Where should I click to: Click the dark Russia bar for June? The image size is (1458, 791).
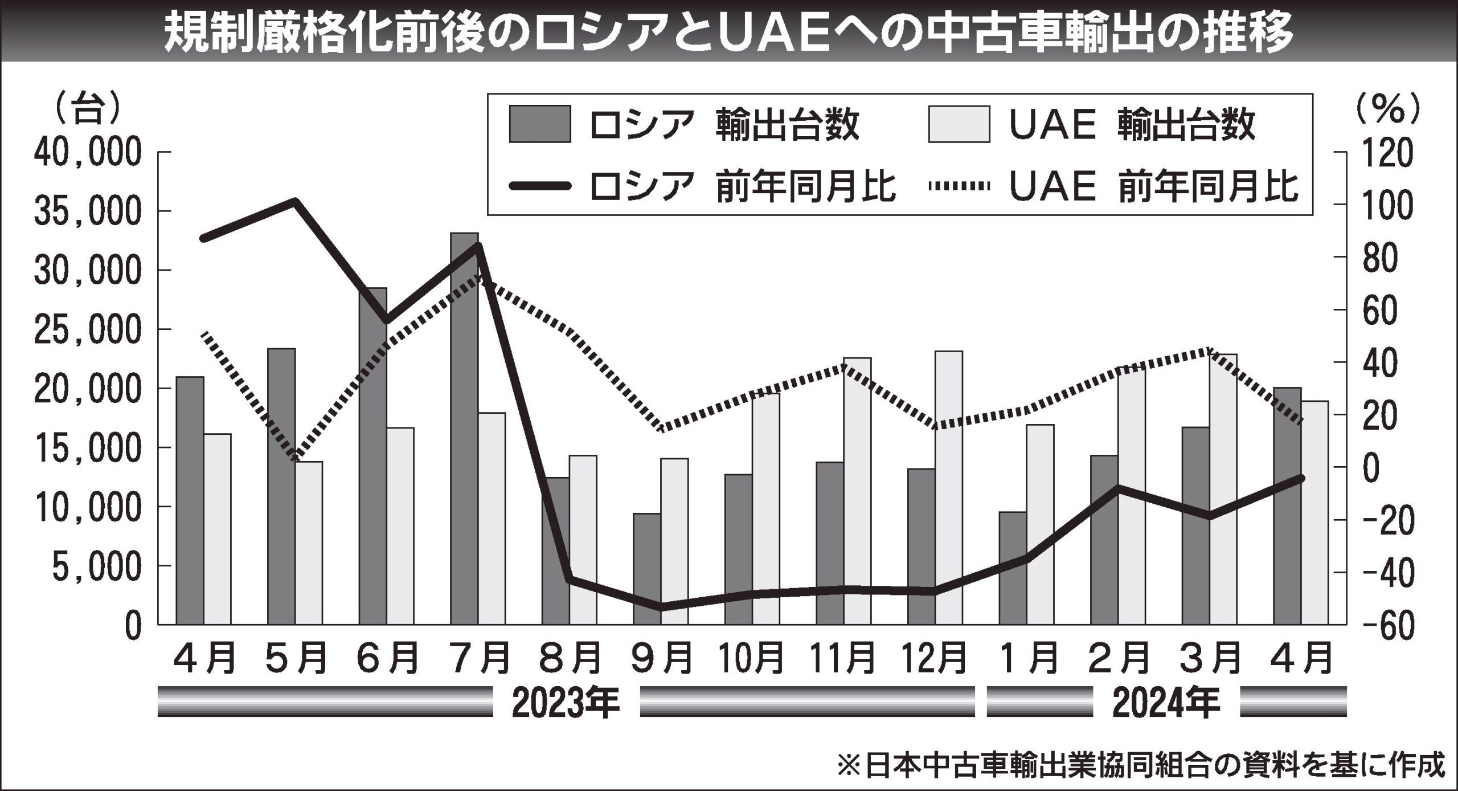pyautogui.click(x=372, y=456)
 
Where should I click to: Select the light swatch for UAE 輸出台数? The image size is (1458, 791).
pyautogui.click(x=959, y=123)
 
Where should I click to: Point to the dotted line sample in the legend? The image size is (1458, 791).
pyautogui.click(x=959, y=185)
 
